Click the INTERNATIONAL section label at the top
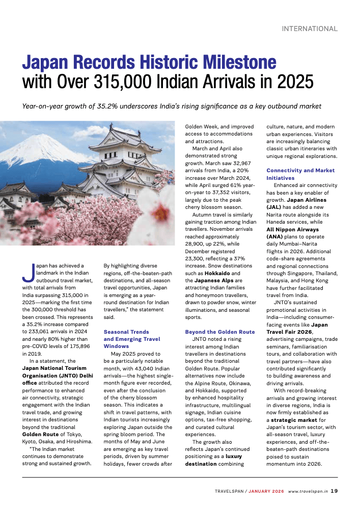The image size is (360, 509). [310, 29]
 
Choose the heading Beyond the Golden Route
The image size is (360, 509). [219, 332]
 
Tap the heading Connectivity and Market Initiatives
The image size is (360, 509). [300, 174]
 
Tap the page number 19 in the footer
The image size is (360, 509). [334, 491]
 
